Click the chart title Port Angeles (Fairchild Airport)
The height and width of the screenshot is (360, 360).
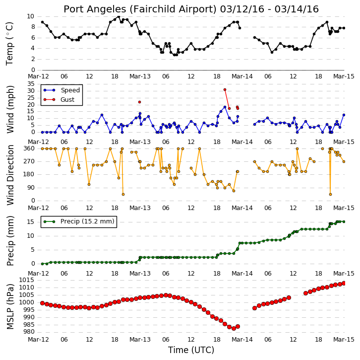point(140,9)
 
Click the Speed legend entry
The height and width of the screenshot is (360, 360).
point(62,90)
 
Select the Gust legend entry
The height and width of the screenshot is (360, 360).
point(59,99)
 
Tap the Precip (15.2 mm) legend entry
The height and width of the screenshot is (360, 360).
point(79,221)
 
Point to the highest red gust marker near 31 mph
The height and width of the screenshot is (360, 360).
point(225,90)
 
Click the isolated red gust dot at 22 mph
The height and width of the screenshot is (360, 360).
point(140,102)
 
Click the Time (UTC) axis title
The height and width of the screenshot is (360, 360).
point(191,350)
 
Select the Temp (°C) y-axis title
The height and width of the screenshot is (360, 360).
point(9,44)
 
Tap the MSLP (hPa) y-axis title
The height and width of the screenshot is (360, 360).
point(10,306)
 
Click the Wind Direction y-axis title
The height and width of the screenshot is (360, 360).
point(10,175)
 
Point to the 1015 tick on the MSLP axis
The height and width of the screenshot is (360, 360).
point(27,280)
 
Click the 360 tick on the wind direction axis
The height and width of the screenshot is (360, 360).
point(29,148)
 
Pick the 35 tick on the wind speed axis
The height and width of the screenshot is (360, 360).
point(31,84)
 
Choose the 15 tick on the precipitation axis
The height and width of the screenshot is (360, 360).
point(31,222)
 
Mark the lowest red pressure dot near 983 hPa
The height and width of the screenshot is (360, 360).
point(234,329)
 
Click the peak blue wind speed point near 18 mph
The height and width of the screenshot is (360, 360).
point(225,107)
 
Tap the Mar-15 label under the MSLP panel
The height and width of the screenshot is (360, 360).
point(344,340)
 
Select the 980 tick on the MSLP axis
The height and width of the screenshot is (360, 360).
point(29,332)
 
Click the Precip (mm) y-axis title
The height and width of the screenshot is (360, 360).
point(10,241)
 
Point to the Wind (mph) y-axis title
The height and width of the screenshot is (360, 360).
point(10,109)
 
